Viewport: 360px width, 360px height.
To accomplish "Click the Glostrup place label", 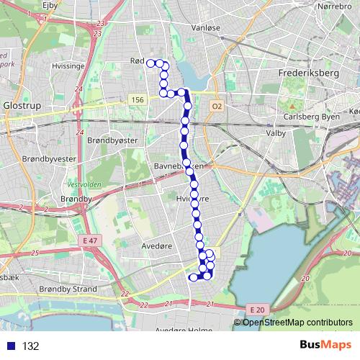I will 19,104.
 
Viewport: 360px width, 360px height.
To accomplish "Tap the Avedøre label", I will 155,245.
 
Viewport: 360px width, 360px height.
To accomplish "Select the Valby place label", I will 276,133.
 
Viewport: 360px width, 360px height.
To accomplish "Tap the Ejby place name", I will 50,5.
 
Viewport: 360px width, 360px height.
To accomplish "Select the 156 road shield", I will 138,99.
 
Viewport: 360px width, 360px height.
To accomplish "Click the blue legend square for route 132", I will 10,346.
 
